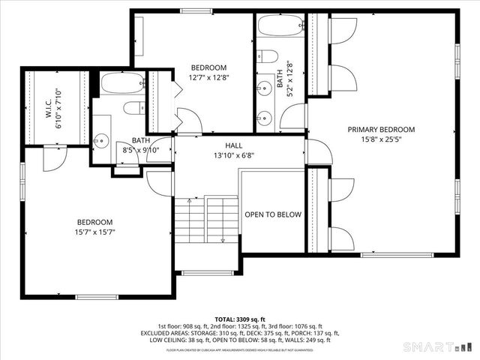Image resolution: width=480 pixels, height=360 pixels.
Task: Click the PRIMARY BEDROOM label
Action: tap(381, 129)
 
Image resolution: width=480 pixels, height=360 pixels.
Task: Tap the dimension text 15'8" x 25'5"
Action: tap(381, 139)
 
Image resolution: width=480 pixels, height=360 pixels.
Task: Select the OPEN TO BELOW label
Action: tap(273, 214)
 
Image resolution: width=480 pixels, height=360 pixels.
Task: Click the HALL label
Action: tap(233, 145)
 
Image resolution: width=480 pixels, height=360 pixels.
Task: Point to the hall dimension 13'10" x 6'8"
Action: tap(233, 156)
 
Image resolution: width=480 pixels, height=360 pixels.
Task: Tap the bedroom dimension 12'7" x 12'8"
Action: tap(208, 77)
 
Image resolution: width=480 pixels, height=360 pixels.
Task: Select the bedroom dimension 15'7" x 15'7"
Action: tap(94, 232)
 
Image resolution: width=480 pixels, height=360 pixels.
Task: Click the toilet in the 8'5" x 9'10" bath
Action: tap(134, 108)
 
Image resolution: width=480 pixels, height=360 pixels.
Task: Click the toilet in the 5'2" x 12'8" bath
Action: tap(265, 56)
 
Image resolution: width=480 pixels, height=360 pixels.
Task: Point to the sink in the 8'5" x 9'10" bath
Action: tap(101, 141)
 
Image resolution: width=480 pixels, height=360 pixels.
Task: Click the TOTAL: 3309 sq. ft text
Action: tap(239, 319)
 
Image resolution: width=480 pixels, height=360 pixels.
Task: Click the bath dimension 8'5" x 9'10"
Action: tap(141, 149)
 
